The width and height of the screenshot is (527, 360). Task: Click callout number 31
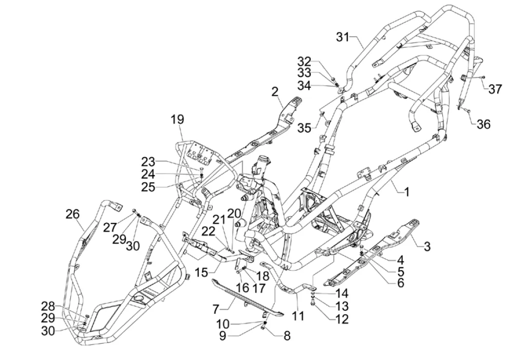(343, 37)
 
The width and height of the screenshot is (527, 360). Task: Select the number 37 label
(495, 89)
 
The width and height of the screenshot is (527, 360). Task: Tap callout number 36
(483, 124)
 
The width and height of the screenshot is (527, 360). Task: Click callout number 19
(177, 120)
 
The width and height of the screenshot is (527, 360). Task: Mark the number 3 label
(427, 247)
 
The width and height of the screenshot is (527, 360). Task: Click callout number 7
(216, 309)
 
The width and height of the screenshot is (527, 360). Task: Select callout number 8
(287, 336)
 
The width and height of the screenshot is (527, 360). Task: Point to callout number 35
(304, 127)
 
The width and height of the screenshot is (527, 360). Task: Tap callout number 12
(341, 319)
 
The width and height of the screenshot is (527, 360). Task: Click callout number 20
(234, 213)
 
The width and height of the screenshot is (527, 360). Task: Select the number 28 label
(48, 307)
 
